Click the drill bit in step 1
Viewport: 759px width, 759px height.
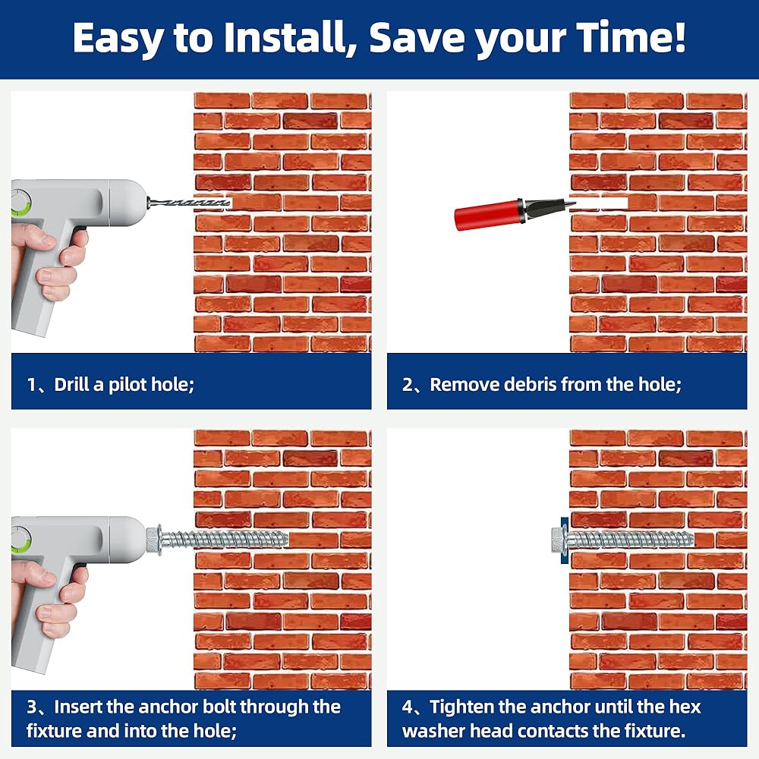[x=189, y=203]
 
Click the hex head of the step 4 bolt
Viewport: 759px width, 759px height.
[x=558, y=540]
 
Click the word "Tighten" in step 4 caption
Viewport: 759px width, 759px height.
[x=461, y=707]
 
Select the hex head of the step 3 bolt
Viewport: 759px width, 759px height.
[x=154, y=539]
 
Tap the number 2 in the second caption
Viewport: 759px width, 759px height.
[x=408, y=384]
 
